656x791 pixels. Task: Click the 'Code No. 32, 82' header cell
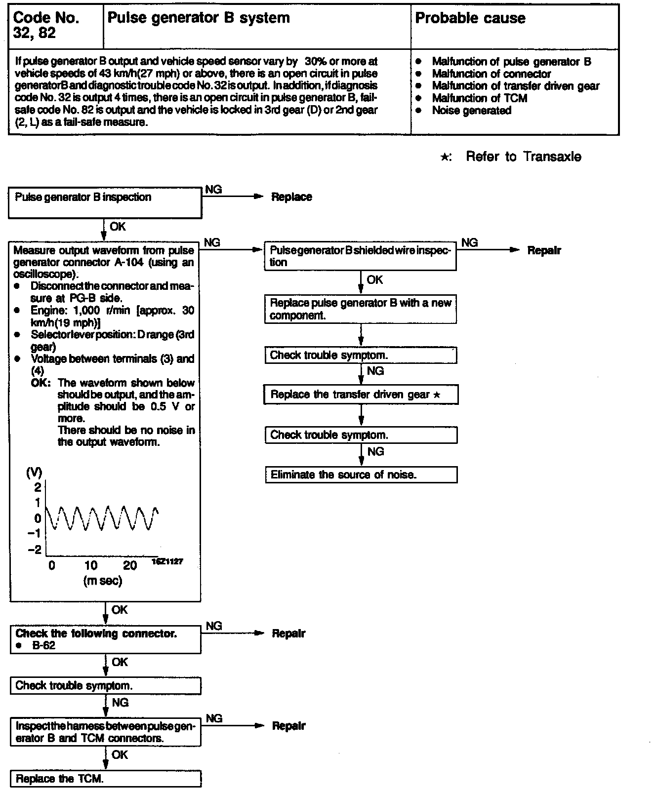pos(46,25)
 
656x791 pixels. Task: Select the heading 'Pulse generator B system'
pos(198,18)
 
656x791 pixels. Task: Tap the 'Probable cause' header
pos(470,18)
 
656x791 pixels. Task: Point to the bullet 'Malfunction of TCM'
pos(479,98)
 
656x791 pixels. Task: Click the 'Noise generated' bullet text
pos(471,111)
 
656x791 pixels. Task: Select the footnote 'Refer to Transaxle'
pos(523,157)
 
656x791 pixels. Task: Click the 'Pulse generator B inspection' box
pos(105,203)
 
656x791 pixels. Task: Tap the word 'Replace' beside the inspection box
pos(291,197)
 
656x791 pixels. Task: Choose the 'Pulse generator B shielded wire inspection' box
pos(360,256)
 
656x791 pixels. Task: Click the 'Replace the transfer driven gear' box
pos(361,395)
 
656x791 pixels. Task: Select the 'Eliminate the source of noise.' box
pos(361,475)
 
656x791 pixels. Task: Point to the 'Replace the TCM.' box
pos(106,779)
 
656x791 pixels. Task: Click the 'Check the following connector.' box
pos(105,639)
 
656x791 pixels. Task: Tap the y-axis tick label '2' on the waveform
pos(38,487)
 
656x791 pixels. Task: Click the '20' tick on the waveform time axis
pos(130,566)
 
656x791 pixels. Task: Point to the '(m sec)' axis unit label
pos(102,581)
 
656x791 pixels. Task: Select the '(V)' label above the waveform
pos(34,473)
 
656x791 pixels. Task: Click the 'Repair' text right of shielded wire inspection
pos(544,250)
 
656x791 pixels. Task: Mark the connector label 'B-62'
pos(43,646)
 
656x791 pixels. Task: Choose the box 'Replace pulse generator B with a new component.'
pos(360,309)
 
